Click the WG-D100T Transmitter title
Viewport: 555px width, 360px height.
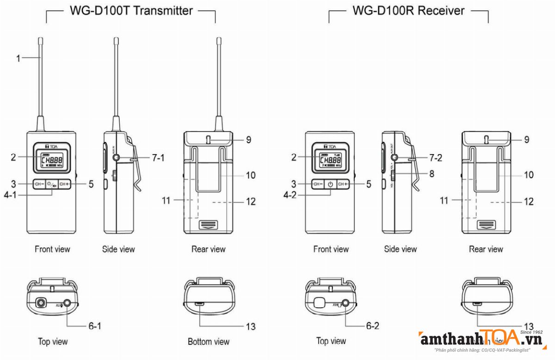click(x=131, y=11)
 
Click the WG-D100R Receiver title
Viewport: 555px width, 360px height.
click(x=408, y=11)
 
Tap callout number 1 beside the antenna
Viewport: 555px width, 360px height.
click(x=18, y=59)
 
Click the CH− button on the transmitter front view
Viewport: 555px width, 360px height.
click(x=39, y=184)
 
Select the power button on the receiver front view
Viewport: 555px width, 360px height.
click(x=330, y=184)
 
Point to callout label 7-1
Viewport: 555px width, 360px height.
click(x=158, y=158)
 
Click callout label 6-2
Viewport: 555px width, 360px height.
click(x=372, y=326)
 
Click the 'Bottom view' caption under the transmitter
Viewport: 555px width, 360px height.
click(x=208, y=342)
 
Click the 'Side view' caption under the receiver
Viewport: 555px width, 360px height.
click(x=400, y=249)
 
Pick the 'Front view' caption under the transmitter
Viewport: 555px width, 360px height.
click(x=52, y=249)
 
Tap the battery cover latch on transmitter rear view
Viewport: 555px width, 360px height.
click(x=208, y=225)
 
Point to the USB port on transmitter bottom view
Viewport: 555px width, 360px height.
click(x=200, y=304)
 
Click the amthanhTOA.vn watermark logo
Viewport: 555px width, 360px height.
click(x=481, y=340)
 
